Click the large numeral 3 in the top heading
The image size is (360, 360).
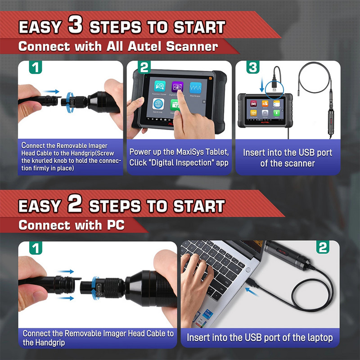75,25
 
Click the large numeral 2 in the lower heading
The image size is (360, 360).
75,203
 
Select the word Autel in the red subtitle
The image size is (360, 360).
144,46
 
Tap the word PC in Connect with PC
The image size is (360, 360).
116,225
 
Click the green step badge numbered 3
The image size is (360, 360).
253,67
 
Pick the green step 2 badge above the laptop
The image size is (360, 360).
323,247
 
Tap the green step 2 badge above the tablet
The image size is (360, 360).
144,67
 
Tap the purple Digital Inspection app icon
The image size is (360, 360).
177,87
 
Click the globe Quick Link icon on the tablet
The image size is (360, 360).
158,104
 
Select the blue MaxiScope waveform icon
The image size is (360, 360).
195,87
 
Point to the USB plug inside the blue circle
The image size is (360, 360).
274,85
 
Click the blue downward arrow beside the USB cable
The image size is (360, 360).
262,84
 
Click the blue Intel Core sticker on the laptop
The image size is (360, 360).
207,314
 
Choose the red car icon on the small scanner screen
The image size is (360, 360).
253,103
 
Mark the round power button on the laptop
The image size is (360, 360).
248,270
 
